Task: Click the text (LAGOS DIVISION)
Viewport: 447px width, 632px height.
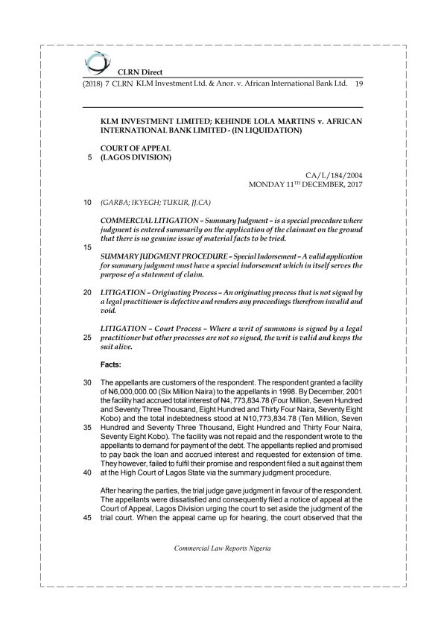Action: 136,157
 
